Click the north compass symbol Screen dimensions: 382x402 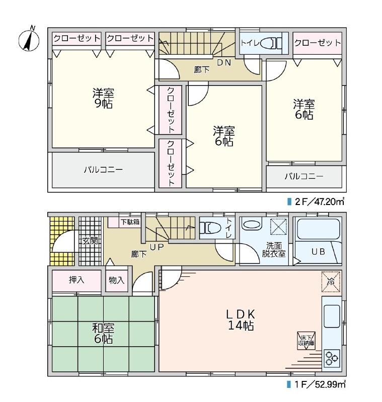pyautogui.click(x=29, y=39)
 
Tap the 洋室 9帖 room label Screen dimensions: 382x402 pyautogui.click(x=103, y=98)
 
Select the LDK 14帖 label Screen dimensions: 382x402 pyautogui.click(x=241, y=320)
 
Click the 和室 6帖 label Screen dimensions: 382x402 pyautogui.click(x=103, y=333)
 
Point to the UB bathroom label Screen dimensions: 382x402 pyautogui.click(x=318, y=252)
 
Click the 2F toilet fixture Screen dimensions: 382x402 pyautogui.click(x=271, y=43)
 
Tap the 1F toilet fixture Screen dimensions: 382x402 pyautogui.click(x=210, y=228)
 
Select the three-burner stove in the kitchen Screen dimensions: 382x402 pyautogui.click(x=332, y=358)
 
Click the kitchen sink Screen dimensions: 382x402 pyautogui.click(x=332, y=316)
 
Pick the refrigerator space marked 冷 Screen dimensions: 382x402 pyautogui.click(x=331, y=281)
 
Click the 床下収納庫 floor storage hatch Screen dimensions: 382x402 pyautogui.click(x=307, y=341)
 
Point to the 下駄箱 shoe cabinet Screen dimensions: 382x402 pyautogui.click(x=124, y=222)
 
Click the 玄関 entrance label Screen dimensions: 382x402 pyautogui.click(x=90, y=241)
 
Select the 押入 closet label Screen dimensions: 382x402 pyautogui.click(x=76, y=280)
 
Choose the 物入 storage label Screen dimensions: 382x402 pyautogui.click(x=117, y=280)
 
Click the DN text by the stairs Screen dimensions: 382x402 pyautogui.click(x=224, y=62)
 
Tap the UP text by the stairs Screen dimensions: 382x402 pyautogui.click(x=157, y=247)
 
